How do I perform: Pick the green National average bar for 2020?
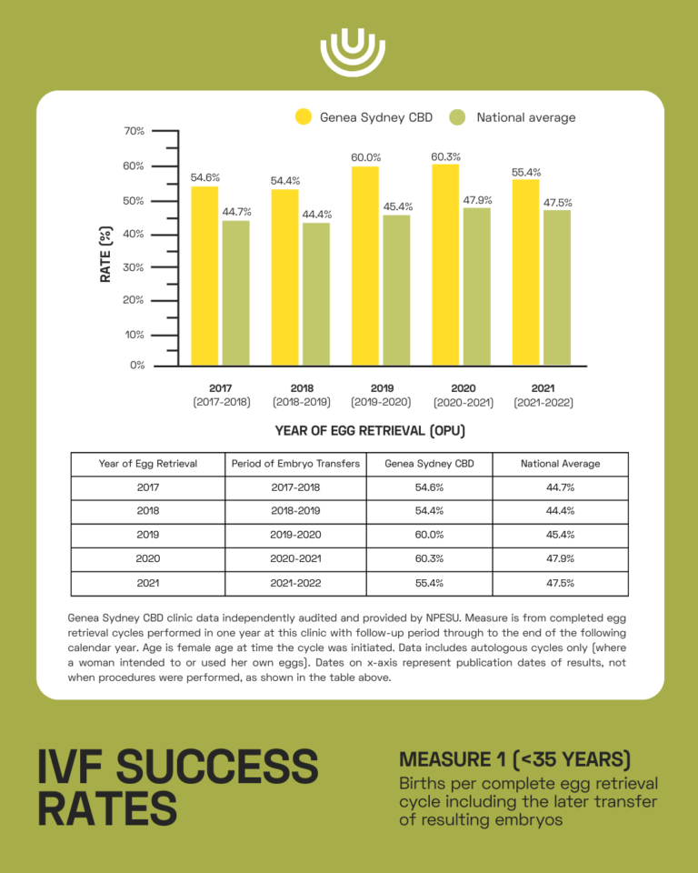click(477, 286)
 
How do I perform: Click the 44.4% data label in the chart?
click(317, 215)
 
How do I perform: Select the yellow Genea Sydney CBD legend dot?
click(304, 117)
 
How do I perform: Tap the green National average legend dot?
click(458, 117)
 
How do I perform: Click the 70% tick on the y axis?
click(135, 131)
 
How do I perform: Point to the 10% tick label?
click(135, 335)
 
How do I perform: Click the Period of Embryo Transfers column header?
click(295, 464)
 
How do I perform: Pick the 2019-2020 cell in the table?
click(295, 535)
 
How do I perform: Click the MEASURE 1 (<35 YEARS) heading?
click(514, 759)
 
